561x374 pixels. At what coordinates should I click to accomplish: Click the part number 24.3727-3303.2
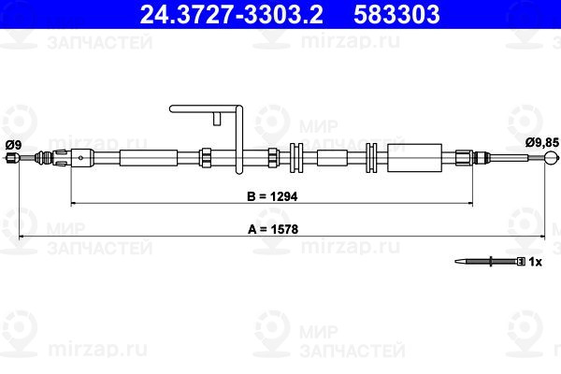(231, 14)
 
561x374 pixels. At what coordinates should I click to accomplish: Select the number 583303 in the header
(396, 14)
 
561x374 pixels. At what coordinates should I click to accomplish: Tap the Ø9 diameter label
(14, 145)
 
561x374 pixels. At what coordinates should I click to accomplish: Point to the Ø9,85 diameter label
(542, 142)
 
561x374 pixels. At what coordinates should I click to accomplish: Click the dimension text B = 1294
(272, 196)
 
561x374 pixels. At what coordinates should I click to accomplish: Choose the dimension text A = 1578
(273, 229)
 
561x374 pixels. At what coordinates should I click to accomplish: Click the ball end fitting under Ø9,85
(552, 157)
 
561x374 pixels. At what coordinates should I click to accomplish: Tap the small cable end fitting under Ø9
(12, 157)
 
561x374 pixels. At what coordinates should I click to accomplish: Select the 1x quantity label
(535, 262)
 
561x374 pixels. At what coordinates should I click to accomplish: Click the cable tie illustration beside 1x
(490, 262)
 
